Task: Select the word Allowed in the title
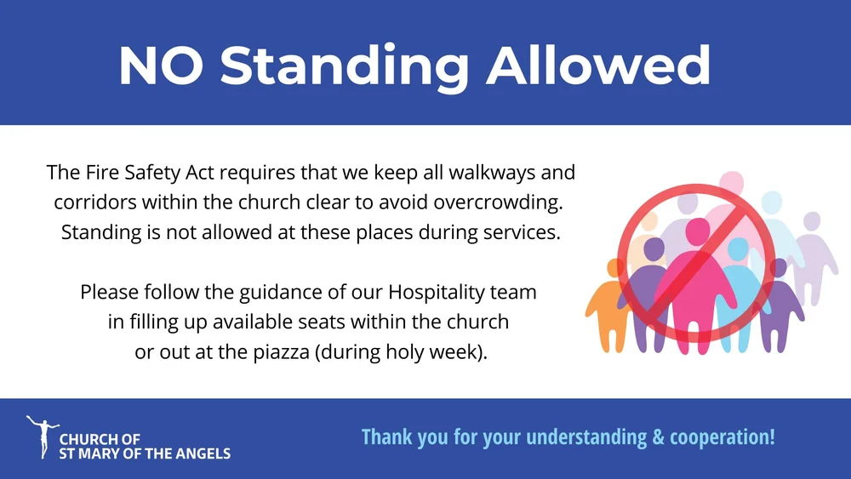coord(599,66)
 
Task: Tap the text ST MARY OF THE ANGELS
coord(145,453)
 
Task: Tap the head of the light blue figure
coord(737,248)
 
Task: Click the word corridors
coord(95,202)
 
